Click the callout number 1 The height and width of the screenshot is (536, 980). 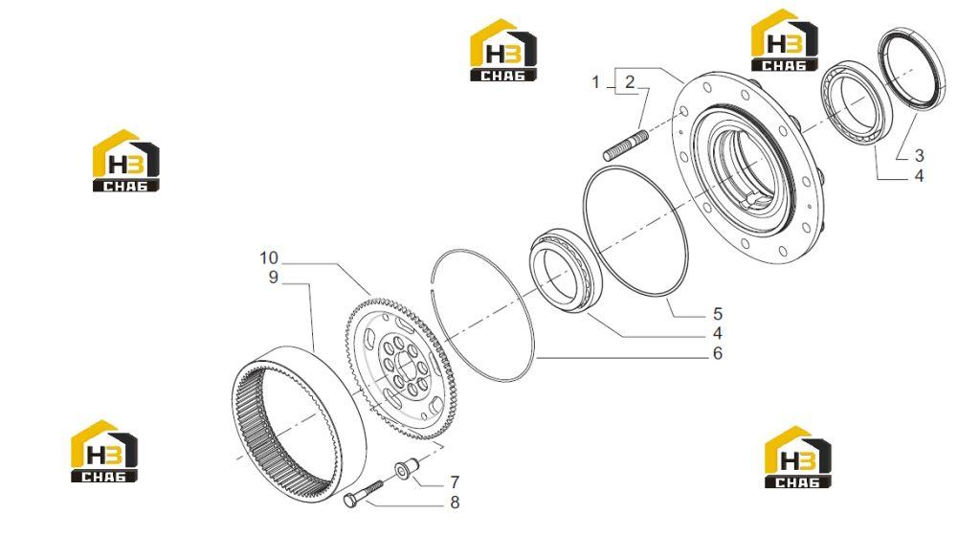click(x=595, y=82)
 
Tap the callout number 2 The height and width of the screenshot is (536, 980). click(x=630, y=82)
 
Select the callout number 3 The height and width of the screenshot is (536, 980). click(x=919, y=156)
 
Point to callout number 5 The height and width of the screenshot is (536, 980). click(x=718, y=314)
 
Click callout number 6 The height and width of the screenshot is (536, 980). click(x=718, y=353)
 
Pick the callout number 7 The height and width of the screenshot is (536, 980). click(x=455, y=482)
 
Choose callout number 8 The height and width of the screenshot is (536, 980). click(x=455, y=502)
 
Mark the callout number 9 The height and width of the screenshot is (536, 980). click(x=273, y=278)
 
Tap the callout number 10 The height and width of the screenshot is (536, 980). click(x=269, y=258)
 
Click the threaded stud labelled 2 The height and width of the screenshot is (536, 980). click(x=626, y=145)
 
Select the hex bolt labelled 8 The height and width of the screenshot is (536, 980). click(x=363, y=493)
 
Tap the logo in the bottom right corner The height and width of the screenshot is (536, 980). click(x=798, y=458)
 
